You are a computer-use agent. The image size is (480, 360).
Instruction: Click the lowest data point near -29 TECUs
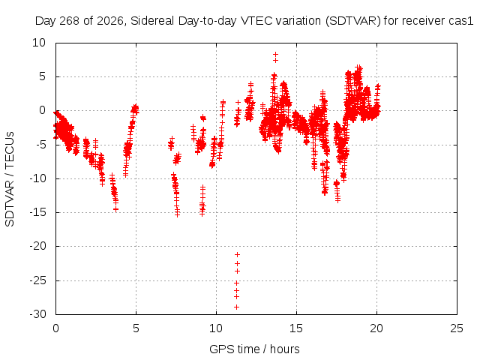coord(236,307)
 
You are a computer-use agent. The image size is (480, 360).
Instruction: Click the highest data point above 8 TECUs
coord(275,55)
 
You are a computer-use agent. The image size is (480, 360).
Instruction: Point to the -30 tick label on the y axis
coord(38,314)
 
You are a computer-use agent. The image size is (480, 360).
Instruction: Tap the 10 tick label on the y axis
coord(39,43)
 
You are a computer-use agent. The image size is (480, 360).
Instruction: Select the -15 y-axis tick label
coord(38,212)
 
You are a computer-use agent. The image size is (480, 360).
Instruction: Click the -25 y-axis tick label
coord(38,280)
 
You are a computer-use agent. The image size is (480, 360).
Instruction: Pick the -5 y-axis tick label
coord(41,145)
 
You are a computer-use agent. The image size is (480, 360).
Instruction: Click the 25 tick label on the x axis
coord(457,328)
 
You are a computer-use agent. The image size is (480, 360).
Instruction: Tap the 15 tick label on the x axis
coord(296,328)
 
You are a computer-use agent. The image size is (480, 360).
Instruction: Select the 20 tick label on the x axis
coord(376,328)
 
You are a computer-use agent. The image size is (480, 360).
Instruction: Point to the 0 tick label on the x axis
coord(55,328)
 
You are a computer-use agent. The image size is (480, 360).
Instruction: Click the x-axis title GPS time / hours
coord(254,349)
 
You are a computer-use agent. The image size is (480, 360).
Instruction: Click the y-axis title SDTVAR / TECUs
coord(10,179)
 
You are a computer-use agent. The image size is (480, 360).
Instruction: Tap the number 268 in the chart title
coord(69,21)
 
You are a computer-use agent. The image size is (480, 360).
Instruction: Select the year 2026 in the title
coord(110,21)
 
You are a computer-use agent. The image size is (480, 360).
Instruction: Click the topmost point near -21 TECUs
coord(237,254)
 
